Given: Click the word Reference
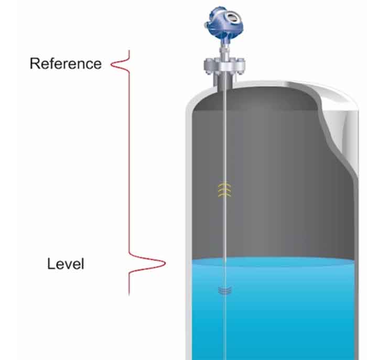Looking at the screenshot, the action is pos(66,63).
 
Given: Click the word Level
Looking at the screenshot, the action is pos(66,264).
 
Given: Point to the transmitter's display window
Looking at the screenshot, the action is pos(232,17).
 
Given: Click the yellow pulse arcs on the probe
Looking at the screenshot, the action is pos(224,189).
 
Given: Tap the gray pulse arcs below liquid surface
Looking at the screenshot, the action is pos(224,290).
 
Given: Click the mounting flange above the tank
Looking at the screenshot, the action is pos(225,66).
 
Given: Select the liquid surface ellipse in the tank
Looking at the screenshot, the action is pos(273,263).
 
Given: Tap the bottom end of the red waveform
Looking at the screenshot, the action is pos(129,295).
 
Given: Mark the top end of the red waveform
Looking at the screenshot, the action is pos(129,51).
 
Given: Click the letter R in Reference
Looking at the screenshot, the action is pos(35,63).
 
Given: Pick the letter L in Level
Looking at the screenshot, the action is pos(51,264).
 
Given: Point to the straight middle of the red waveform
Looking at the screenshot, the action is pos(129,161).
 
